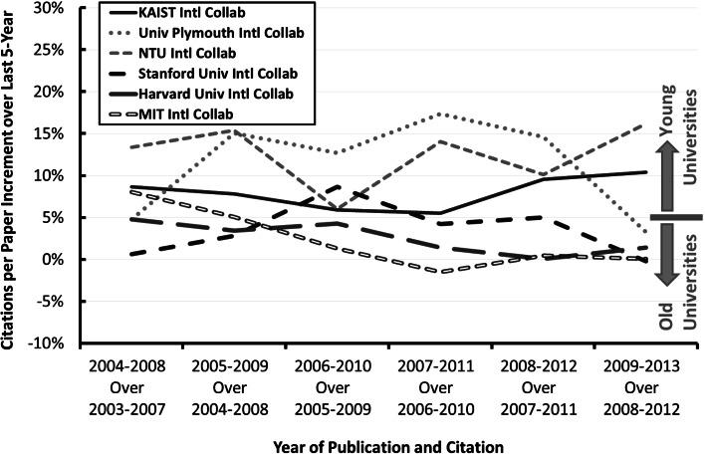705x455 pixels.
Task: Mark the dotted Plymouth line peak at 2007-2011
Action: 441,114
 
